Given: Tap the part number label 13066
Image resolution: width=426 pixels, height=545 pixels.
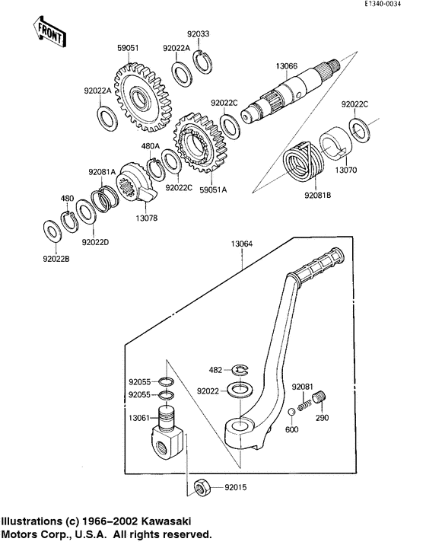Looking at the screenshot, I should pyautogui.click(x=287, y=66).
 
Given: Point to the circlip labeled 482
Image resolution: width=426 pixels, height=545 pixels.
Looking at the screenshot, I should pyautogui.click(x=242, y=370).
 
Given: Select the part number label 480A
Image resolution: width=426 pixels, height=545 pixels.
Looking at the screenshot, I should pyautogui.click(x=150, y=146).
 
